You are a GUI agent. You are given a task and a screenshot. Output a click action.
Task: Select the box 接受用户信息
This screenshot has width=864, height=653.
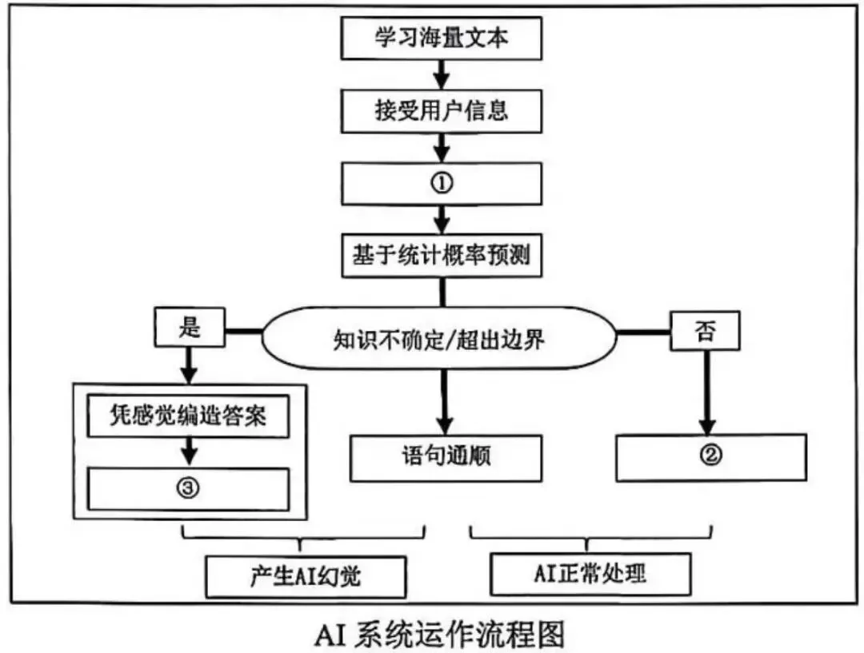point(442,110)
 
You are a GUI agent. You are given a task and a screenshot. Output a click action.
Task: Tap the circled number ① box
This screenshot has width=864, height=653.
point(442,183)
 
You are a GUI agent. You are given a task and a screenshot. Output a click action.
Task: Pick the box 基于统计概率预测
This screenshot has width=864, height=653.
point(442,257)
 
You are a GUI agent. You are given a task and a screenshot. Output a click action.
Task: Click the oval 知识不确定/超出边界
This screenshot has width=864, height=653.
point(439,339)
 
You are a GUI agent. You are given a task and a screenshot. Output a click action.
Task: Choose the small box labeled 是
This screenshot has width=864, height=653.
point(190,328)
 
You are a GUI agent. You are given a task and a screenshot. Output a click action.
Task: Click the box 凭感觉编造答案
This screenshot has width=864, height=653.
point(188,416)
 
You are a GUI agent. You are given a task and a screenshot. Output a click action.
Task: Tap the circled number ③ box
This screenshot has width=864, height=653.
point(188,488)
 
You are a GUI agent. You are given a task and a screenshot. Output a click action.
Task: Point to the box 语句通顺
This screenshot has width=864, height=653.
point(445,457)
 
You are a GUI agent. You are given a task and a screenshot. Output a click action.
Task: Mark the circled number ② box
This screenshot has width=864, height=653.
point(711,456)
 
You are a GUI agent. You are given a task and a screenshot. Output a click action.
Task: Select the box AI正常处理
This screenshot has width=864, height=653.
point(589,573)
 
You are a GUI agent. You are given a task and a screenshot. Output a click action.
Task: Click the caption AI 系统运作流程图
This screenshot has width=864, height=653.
point(439,633)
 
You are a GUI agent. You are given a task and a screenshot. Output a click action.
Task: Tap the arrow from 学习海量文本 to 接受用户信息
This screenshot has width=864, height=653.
point(442,75)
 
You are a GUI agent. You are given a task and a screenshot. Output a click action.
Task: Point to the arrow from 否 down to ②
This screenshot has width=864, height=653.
point(706,392)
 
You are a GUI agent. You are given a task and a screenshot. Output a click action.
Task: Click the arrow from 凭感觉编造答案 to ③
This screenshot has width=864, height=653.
point(188,452)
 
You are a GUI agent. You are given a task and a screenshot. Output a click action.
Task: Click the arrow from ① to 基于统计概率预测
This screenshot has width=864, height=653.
point(442,218)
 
